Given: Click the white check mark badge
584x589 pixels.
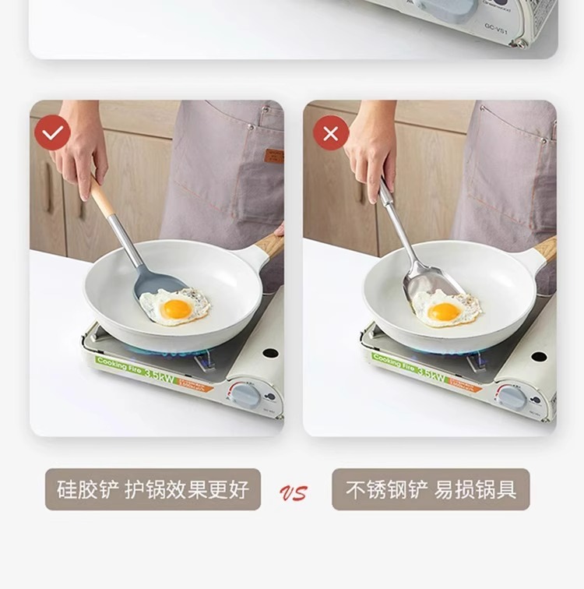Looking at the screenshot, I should pyautogui.click(x=53, y=133).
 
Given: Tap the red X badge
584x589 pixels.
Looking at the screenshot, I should pyautogui.click(x=330, y=133).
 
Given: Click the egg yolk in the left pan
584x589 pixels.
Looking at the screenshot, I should pyautogui.click(x=178, y=309).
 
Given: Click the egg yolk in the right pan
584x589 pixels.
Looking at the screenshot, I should pyautogui.click(x=444, y=312).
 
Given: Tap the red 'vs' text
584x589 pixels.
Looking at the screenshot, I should pyautogui.click(x=294, y=492).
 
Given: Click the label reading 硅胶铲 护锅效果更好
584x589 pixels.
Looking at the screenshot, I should pyautogui.click(x=153, y=489).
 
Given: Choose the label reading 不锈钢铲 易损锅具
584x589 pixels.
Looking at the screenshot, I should pyautogui.click(x=431, y=489).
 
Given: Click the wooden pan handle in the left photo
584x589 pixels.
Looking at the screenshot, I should pyautogui.click(x=269, y=245).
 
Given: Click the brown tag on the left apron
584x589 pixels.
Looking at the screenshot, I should pyautogui.click(x=273, y=155).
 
